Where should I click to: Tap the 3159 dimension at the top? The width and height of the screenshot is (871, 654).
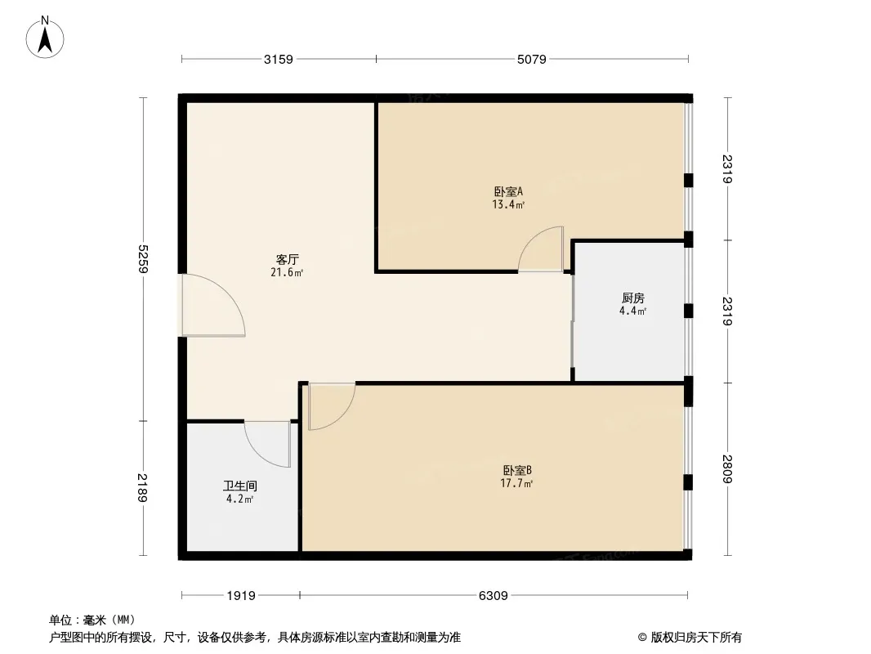(279, 59)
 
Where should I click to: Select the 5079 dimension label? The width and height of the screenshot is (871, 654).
(532, 59)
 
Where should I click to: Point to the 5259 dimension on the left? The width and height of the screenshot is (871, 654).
(143, 259)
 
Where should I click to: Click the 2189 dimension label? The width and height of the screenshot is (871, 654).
(143, 487)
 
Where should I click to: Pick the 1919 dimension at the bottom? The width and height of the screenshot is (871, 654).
(241, 596)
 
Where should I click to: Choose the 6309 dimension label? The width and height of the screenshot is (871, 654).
(494, 596)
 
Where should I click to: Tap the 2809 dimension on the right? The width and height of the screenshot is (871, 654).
(728, 469)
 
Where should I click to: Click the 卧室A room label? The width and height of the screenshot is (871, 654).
(508, 191)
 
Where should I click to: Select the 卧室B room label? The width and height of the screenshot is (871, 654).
(517, 471)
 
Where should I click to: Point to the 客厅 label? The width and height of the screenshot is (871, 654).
(287, 259)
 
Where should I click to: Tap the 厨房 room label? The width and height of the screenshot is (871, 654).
(632, 298)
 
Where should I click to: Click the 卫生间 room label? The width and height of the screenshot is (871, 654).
(240, 486)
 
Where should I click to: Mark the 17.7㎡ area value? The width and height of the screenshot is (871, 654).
(516, 483)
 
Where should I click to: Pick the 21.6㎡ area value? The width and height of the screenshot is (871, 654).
(287, 273)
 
